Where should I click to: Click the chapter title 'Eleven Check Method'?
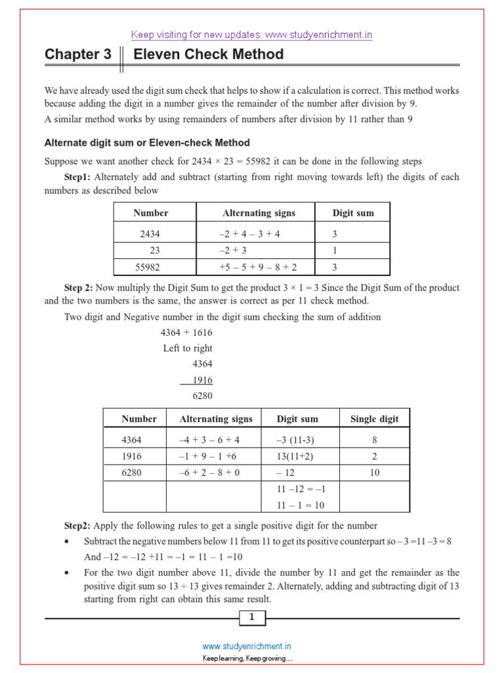208,55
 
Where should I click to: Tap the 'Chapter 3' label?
78,55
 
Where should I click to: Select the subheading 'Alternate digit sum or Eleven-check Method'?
146,143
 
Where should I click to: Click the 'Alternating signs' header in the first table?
259,213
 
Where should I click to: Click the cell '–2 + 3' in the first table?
233,250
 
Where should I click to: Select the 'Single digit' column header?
374,419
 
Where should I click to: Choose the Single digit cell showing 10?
375,473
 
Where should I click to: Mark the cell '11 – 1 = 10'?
301,505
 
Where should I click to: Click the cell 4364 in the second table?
131,440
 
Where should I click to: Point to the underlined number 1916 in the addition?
202,380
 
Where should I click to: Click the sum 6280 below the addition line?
202,396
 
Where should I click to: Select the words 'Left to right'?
188,348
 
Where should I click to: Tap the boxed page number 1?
252,616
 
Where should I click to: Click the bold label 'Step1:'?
79,177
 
